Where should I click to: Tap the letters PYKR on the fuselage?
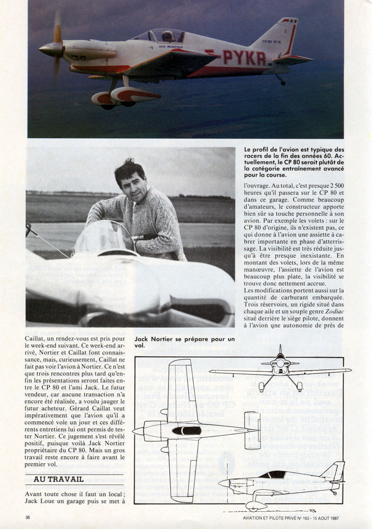click(x=244, y=57)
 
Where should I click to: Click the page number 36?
click(x=29, y=517)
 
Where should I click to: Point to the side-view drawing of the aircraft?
click(x=281, y=482)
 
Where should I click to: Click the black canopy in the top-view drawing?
click(x=186, y=430)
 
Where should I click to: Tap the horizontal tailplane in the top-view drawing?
click(x=252, y=430)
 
